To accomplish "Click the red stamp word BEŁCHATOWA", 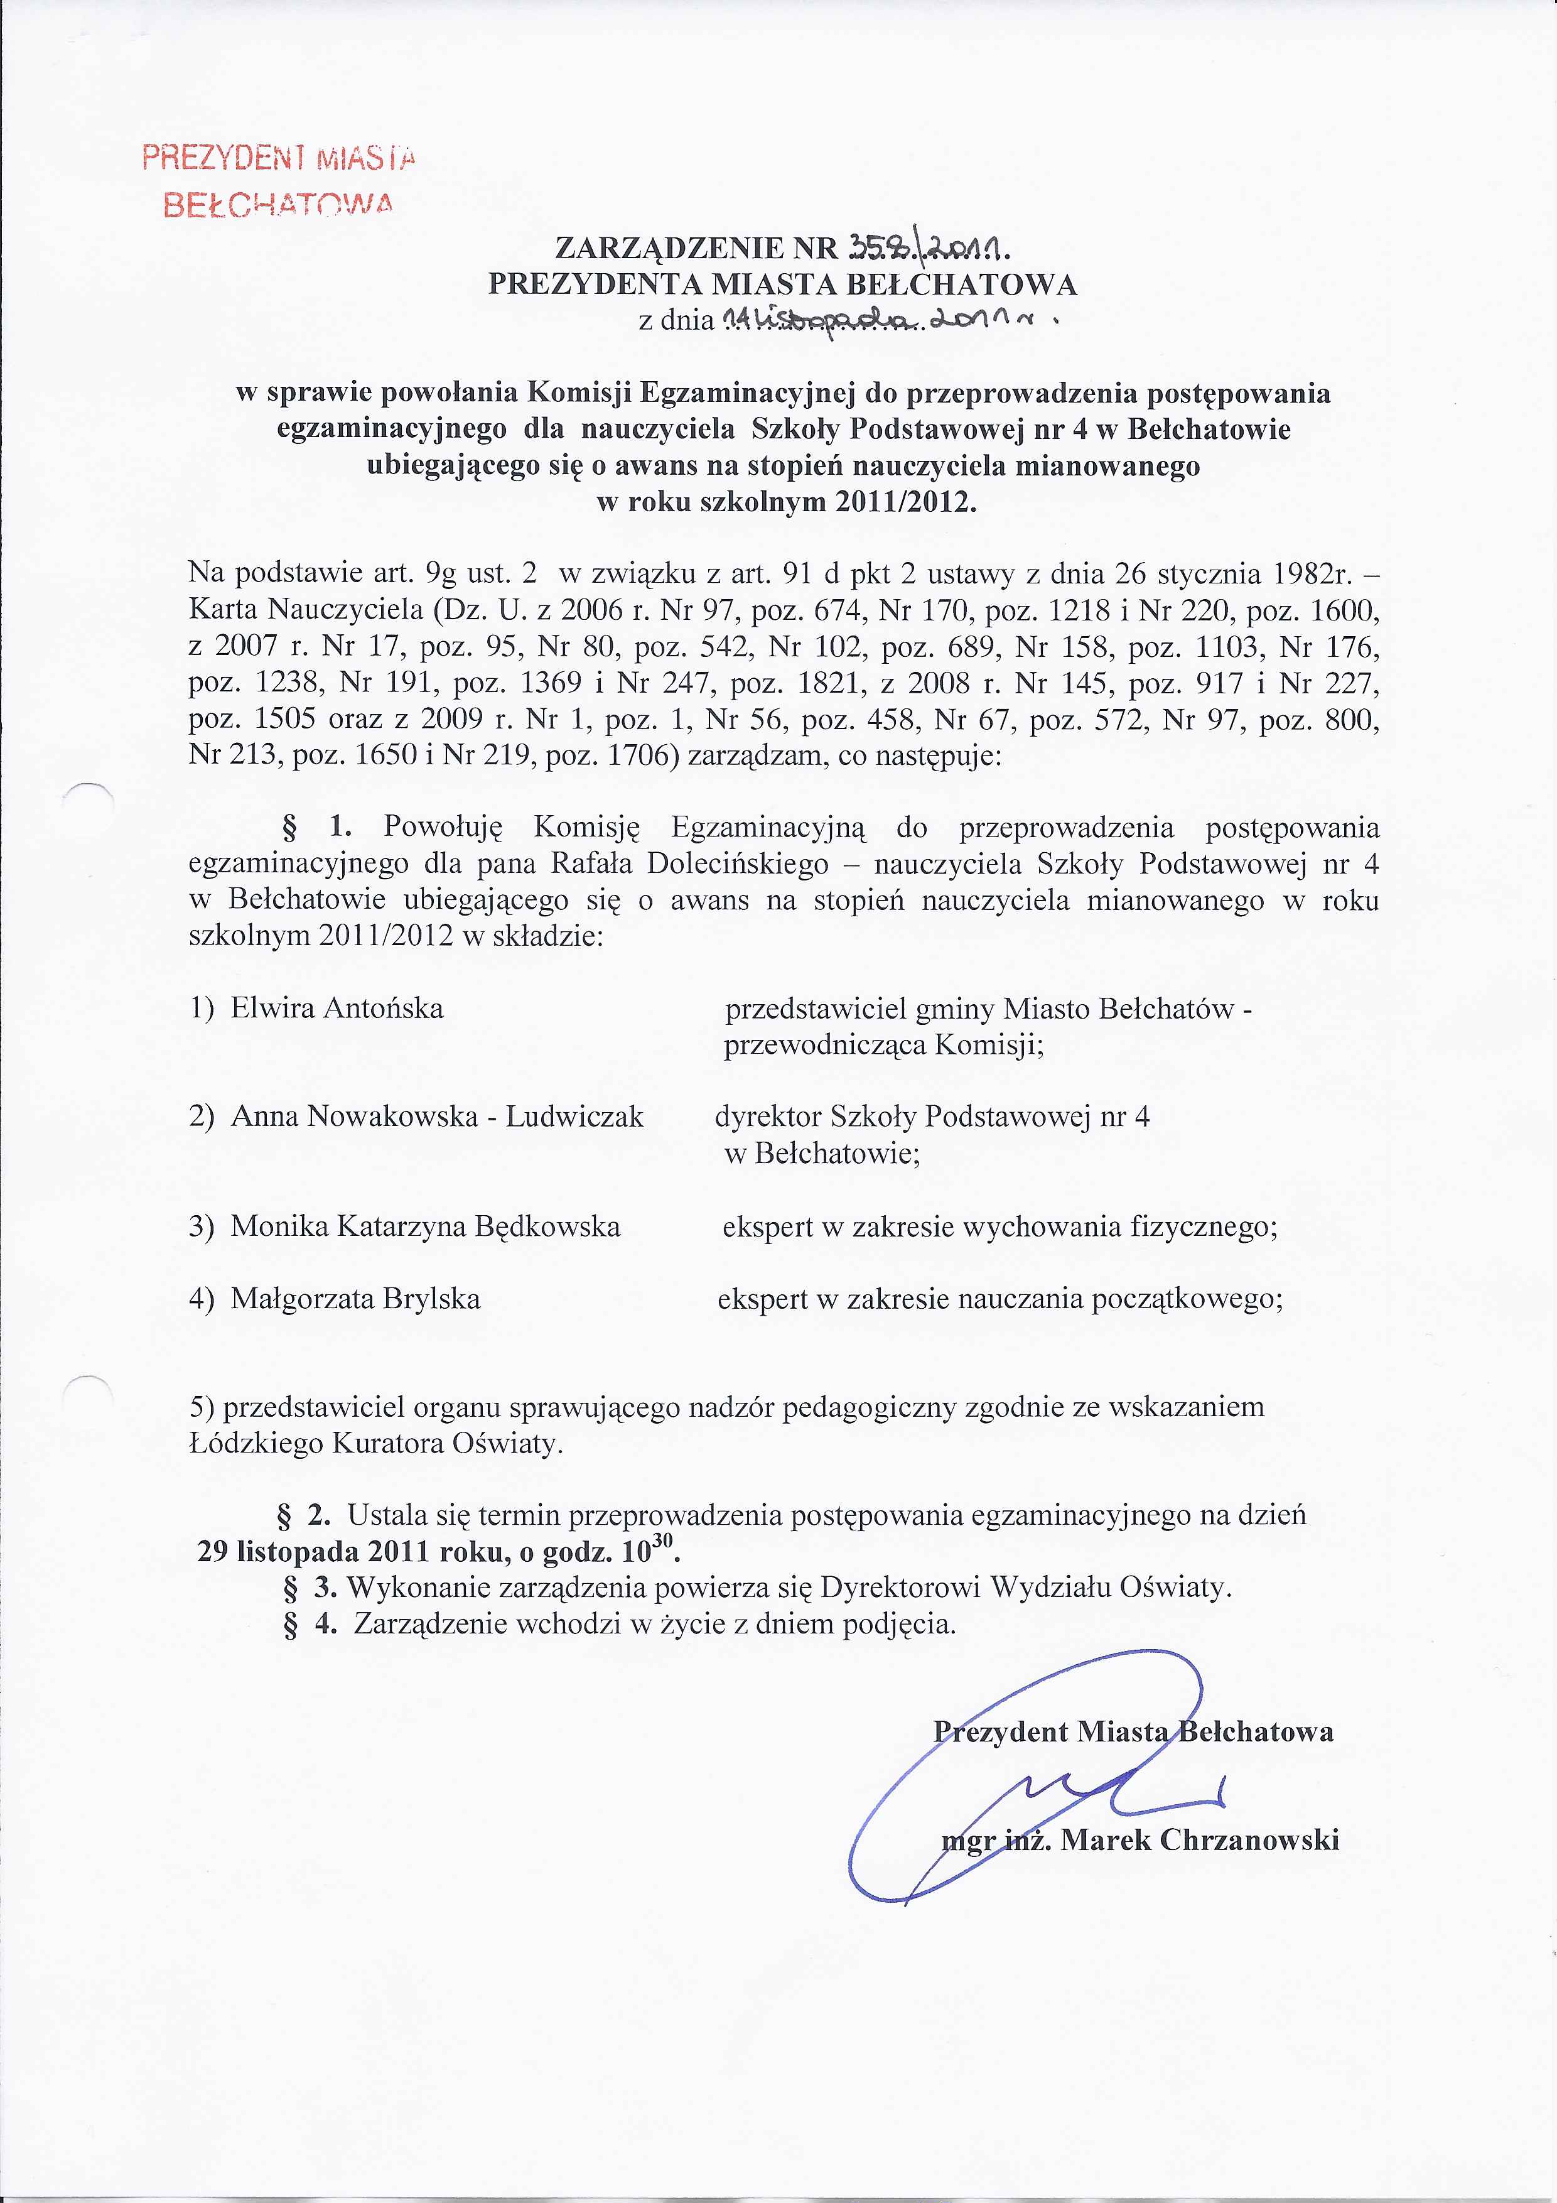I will [x=278, y=204].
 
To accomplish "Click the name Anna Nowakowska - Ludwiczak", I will [x=436, y=1117].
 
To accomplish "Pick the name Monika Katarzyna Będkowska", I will [x=425, y=1226].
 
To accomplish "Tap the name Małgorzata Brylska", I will [x=355, y=1299].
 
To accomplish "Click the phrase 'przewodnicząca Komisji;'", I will [x=883, y=1045].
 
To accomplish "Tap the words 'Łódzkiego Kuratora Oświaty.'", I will [x=376, y=1444].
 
